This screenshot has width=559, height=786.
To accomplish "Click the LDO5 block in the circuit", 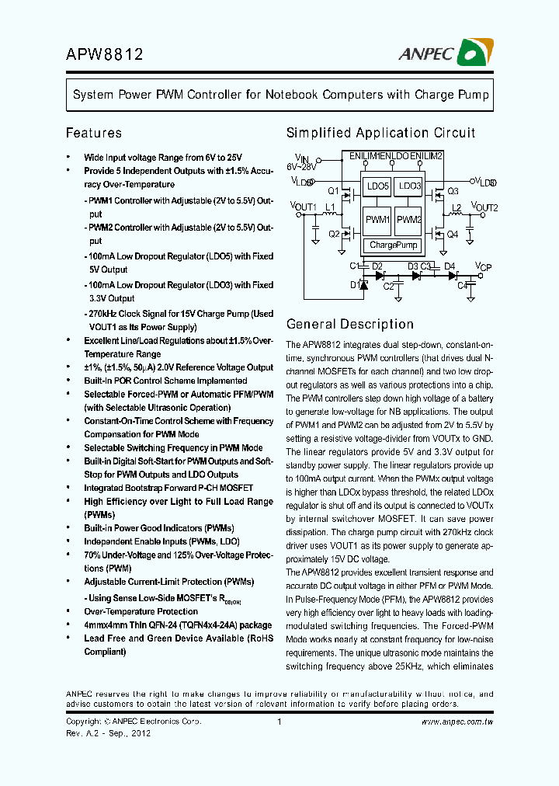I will (x=377, y=187).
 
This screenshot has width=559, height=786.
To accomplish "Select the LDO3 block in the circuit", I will (x=409, y=187).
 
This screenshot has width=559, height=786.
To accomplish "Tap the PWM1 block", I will (x=377, y=221).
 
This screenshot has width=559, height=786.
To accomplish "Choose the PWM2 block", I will (x=409, y=221).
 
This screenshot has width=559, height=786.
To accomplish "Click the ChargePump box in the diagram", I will (x=394, y=245).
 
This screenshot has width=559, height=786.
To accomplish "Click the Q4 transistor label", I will (x=453, y=234).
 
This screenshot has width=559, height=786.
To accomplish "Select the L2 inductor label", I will (x=457, y=208).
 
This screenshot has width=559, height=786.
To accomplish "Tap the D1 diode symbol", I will (x=365, y=284).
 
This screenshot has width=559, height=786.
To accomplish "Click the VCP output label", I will (x=484, y=267).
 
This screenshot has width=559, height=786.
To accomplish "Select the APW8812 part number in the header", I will (x=104, y=54).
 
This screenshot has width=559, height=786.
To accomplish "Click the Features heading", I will (x=93, y=133).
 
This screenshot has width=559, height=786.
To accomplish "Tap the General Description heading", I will (x=349, y=324).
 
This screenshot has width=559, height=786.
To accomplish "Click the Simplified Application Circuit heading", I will (x=380, y=133).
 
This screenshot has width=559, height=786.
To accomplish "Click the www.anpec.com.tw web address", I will (x=457, y=722).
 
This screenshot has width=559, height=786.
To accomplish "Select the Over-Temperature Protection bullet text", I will (x=130, y=611).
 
